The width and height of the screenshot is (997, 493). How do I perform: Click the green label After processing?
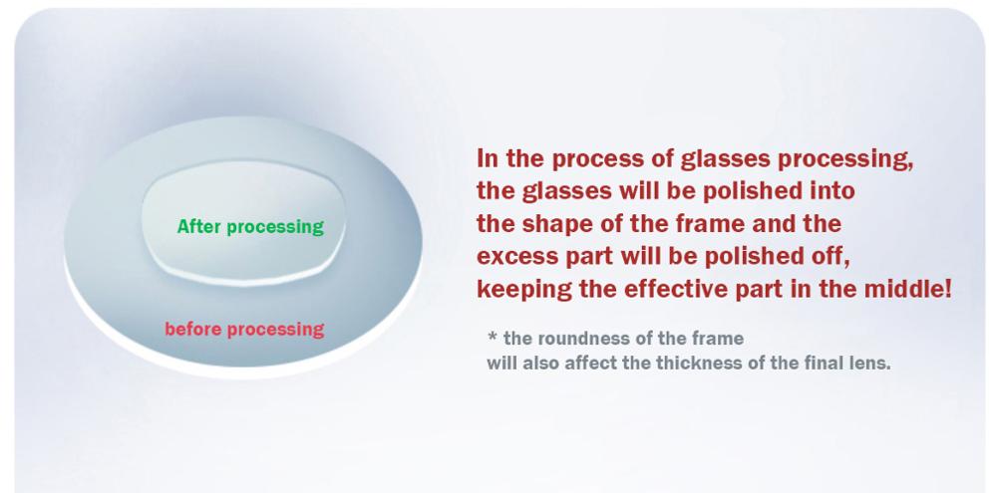click(250, 227)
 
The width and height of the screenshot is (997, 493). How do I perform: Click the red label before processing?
click(244, 329)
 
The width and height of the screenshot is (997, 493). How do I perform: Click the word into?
click(832, 190)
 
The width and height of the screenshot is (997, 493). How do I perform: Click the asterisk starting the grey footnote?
click(493, 338)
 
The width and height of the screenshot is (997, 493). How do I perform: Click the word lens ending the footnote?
click(871, 363)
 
